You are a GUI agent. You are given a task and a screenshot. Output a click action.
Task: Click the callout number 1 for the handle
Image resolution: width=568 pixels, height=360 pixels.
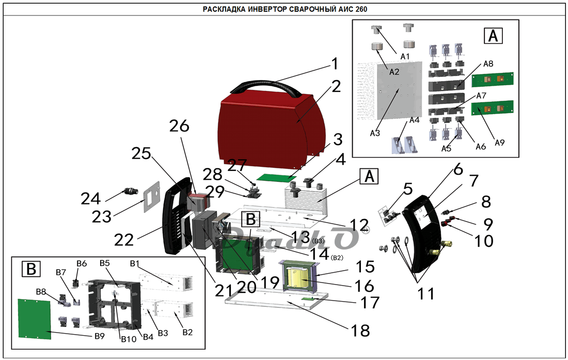[x=335, y=64]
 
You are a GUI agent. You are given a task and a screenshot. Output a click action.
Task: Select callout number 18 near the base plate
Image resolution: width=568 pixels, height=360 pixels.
[x=360, y=331]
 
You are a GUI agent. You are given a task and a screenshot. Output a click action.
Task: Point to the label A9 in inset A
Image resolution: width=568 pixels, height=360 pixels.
[x=499, y=143]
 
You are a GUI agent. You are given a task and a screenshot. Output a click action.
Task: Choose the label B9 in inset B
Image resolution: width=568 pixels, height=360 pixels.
[x=100, y=336]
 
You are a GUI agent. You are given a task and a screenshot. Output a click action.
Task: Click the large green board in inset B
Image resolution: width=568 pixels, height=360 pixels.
[x=35, y=319]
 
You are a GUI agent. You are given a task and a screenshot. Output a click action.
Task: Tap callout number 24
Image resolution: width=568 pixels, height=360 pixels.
[x=90, y=199]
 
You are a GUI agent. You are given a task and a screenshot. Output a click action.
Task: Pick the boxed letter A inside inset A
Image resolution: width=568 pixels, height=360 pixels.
[x=493, y=36]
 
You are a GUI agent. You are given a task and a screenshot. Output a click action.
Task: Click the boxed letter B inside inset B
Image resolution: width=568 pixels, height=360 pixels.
[x=31, y=269]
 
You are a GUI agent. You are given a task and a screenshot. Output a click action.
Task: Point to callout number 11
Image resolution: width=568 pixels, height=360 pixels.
[x=426, y=294]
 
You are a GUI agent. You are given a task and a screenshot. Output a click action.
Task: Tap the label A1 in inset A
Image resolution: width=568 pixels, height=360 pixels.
[x=405, y=56]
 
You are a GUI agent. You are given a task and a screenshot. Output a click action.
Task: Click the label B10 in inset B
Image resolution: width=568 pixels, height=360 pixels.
[x=128, y=339]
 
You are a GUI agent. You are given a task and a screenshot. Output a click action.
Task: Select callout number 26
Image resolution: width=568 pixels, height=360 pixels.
[x=179, y=126]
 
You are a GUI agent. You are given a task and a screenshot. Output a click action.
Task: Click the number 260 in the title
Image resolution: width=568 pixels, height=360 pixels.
[x=361, y=9]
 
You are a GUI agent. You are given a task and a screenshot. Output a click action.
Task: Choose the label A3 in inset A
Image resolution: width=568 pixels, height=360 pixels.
[x=375, y=133]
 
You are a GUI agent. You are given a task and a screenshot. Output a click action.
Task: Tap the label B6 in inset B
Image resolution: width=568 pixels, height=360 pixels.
[x=82, y=263]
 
